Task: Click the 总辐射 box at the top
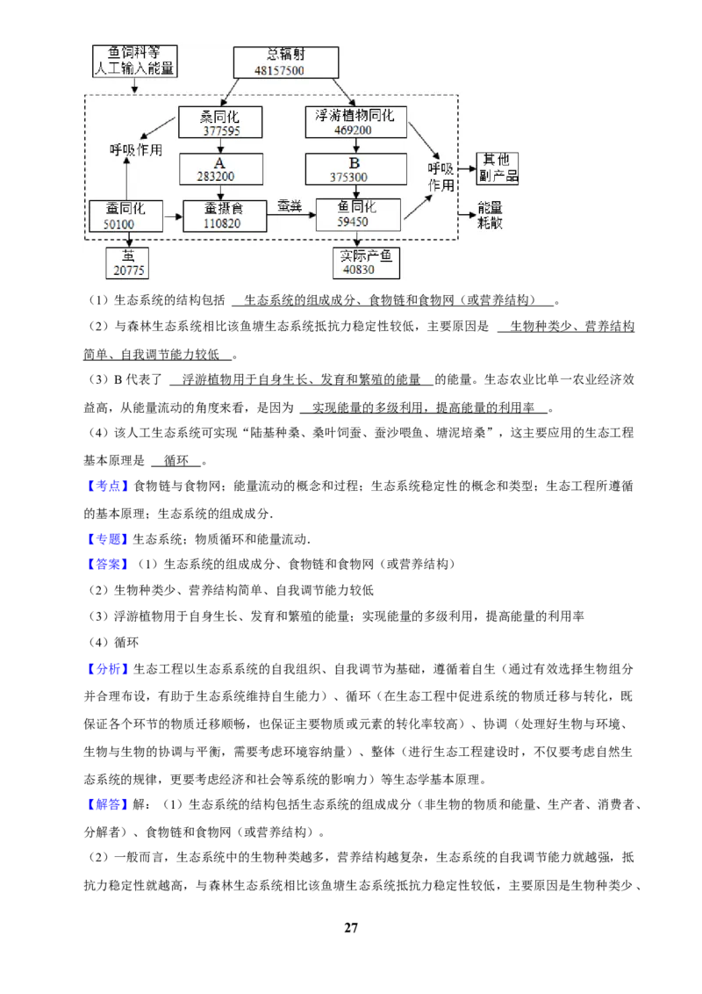(x=286, y=62)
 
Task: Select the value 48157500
(x=279, y=70)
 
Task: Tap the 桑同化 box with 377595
(x=220, y=122)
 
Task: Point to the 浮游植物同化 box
(x=355, y=122)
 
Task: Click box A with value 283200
(x=220, y=169)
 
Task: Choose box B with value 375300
(x=355, y=169)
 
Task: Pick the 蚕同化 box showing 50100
(x=125, y=215)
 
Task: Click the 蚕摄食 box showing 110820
(x=225, y=215)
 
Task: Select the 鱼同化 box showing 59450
(x=358, y=214)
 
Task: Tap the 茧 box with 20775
(x=127, y=263)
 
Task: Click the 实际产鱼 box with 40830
(x=366, y=263)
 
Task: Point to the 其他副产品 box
(x=498, y=169)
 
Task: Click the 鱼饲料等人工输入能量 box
(x=134, y=61)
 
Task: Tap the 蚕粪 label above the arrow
(x=290, y=206)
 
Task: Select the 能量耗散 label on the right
(x=490, y=215)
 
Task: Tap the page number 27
(x=351, y=927)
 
